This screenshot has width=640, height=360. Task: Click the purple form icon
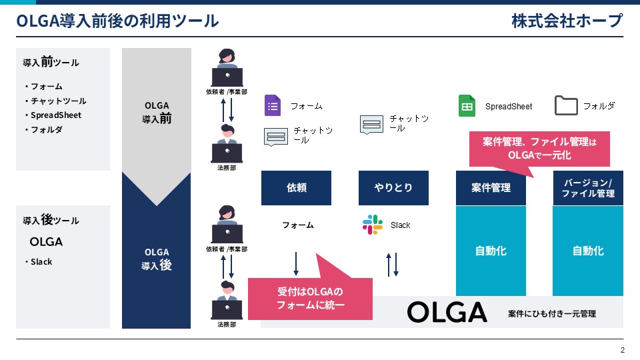tap(272, 105)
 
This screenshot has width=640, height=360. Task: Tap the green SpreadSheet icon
tap(467, 106)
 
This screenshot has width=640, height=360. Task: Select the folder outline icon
tap(566, 105)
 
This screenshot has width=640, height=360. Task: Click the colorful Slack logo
tap(373, 225)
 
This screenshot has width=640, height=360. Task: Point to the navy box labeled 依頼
tap(296, 188)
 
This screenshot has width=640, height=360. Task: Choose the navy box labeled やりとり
tap(393, 188)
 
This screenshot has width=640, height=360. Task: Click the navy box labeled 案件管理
tap(491, 188)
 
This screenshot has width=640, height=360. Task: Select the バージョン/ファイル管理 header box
tap(588, 188)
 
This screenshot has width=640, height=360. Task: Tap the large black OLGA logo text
tap(447, 313)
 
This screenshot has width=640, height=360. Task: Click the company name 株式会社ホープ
tap(567, 21)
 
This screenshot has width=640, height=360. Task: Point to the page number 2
tap(623, 350)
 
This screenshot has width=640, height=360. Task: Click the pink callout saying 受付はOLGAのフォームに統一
tap(310, 299)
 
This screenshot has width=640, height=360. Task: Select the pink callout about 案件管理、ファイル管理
tap(539, 149)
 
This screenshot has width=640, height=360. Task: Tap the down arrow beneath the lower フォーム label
tap(296, 264)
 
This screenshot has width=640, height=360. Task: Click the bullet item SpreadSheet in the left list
tap(56, 115)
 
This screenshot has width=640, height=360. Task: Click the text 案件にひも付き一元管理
tap(552, 314)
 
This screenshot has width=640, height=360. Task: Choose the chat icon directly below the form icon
tap(276, 137)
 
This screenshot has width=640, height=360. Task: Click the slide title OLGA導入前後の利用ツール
tap(117, 21)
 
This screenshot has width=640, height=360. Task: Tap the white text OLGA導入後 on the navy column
tap(157, 259)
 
